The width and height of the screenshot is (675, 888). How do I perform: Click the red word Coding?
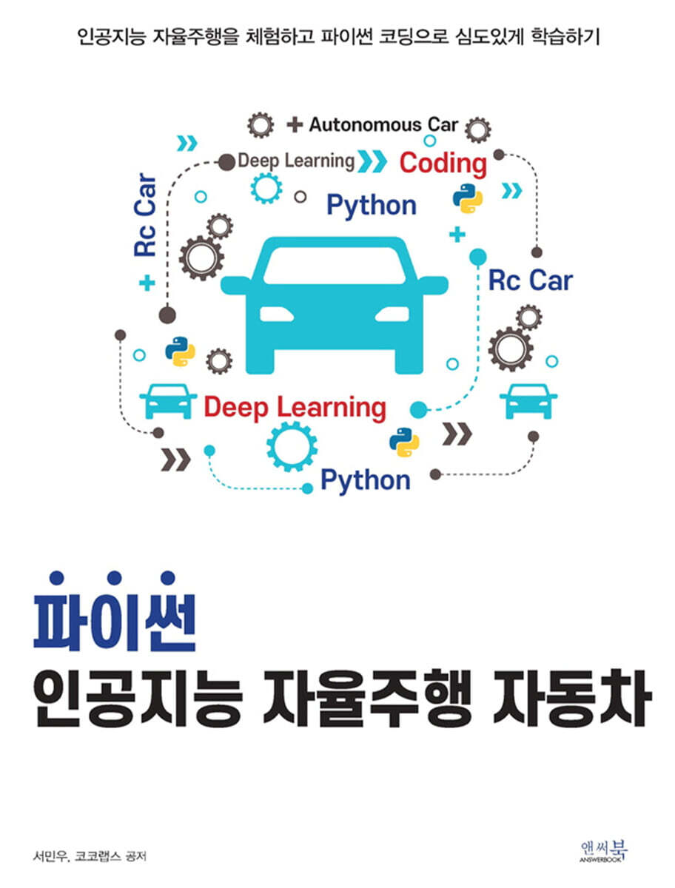click(x=443, y=164)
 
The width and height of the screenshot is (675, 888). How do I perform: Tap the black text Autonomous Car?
click(x=383, y=124)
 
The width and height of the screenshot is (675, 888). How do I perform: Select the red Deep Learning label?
click(x=295, y=408)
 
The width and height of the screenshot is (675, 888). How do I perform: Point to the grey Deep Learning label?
click(x=296, y=161)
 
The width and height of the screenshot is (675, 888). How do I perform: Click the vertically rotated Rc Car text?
click(x=145, y=215)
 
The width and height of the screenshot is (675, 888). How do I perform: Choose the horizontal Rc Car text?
click(x=530, y=280)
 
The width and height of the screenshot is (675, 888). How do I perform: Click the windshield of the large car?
click(x=334, y=266)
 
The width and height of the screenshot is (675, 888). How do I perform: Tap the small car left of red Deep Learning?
click(x=168, y=401)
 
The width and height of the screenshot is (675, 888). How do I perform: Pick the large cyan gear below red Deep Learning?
click(x=292, y=446)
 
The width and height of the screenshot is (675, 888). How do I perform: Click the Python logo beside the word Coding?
click(x=468, y=198)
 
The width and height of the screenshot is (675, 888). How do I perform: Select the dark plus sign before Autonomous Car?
click(x=295, y=124)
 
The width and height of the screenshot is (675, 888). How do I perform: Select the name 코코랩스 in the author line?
click(x=98, y=856)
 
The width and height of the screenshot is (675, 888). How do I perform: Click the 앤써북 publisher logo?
click(x=604, y=851)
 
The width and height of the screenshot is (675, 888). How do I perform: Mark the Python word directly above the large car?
click(x=372, y=206)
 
